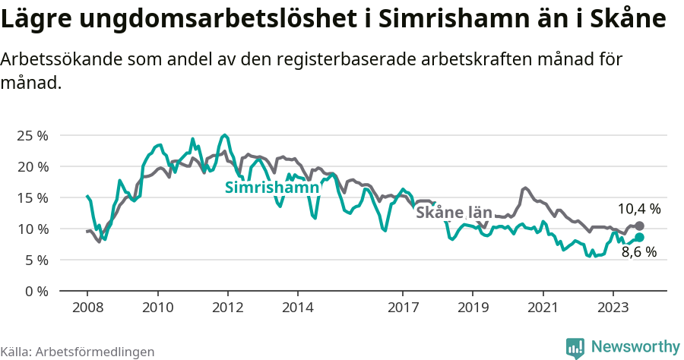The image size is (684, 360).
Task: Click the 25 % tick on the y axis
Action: [32, 135]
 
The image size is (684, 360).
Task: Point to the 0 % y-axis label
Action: [36, 291]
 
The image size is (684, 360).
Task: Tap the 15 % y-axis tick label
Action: [32, 197]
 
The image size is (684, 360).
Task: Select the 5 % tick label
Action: [36, 260]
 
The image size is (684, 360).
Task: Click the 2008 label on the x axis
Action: [87, 308]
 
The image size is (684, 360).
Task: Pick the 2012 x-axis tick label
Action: [227, 308]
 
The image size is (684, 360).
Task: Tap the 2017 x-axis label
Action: [402, 308]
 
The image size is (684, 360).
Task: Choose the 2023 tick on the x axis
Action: [613, 308]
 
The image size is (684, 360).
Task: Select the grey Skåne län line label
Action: [454, 213]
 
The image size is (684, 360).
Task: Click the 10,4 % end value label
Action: [638, 208]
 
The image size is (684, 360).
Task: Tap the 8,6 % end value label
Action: [638, 252]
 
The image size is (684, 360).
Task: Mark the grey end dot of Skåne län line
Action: [639, 226]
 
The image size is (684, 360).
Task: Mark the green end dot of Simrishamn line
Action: [639, 237]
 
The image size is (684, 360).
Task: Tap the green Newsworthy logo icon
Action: [575, 347]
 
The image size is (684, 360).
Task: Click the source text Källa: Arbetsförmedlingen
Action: [78, 352]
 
